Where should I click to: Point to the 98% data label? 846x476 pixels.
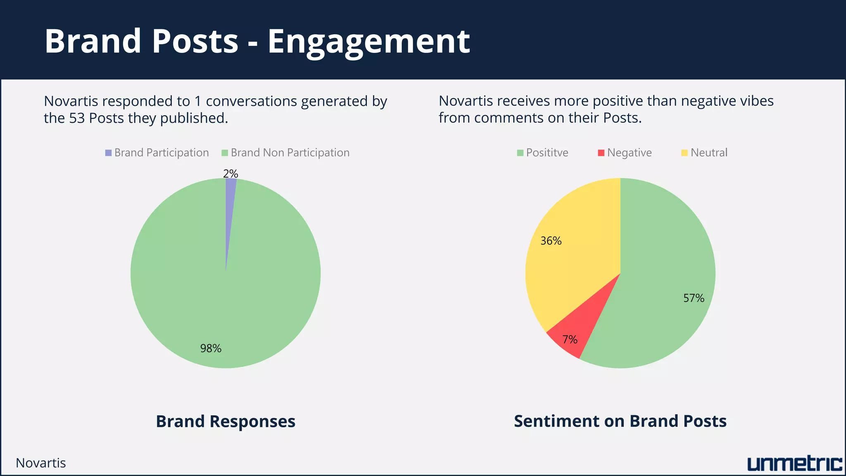(211, 349)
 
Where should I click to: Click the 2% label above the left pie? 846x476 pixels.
(231, 174)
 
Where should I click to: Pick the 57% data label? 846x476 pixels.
(694, 298)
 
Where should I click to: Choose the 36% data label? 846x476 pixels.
(551, 241)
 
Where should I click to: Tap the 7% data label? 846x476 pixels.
(570, 340)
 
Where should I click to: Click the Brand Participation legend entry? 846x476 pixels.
(157, 153)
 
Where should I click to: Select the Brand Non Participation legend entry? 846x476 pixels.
(285, 153)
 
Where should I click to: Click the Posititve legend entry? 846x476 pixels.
(542, 153)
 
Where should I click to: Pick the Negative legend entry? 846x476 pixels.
(625, 153)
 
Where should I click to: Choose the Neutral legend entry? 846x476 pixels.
(704, 153)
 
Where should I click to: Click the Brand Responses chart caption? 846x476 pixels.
(226, 421)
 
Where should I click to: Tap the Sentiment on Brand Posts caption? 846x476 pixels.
(620, 421)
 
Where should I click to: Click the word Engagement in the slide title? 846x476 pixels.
(368, 41)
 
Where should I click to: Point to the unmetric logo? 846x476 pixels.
(794, 464)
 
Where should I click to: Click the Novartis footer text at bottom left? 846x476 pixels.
(41, 463)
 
